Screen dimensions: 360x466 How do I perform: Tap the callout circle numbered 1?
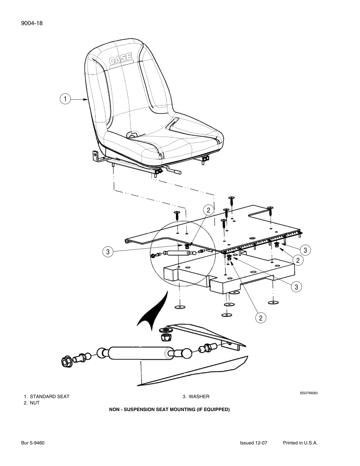click(65, 99)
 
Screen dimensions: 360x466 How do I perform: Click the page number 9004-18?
click(32, 23)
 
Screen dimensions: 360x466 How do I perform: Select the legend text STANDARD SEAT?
click(49, 397)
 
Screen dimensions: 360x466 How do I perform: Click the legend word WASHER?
click(199, 397)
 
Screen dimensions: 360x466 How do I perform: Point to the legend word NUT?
click(35, 403)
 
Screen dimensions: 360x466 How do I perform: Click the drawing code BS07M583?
click(309, 393)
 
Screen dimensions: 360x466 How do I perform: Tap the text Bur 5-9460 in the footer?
click(33, 443)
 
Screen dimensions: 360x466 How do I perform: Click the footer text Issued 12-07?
click(253, 443)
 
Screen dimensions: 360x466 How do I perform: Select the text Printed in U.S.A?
click(300, 443)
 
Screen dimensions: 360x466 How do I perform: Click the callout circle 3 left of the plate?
click(107, 252)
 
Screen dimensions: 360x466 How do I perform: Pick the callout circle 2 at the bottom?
click(260, 318)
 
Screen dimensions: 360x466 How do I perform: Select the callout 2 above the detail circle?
click(208, 210)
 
